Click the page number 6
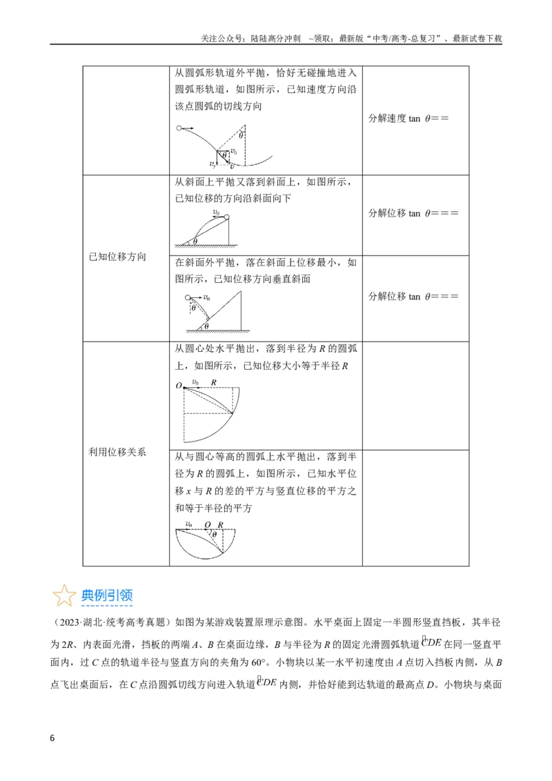pyautogui.click(x=52, y=738)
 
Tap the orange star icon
pyautogui.click(x=64, y=595)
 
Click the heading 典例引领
pyautogui.click(x=107, y=595)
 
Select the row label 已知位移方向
pyautogui.click(x=117, y=257)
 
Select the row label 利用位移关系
pyautogui.click(x=117, y=452)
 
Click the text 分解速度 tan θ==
pyautogui.click(x=408, y=119)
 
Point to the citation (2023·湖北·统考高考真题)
pyautogui.click(x=109, y=622)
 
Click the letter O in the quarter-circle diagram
pyautogui.click(x=179, y=386)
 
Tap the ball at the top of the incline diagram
pyautogui.click(x=227, y=217)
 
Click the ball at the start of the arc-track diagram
pyautogui.click(x=179, y=128)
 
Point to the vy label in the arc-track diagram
pyautogui.click(x=213, y=163)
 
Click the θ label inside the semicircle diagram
pyautogui.click(x=214, y=535)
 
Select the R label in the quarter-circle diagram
pyautogui.click(x=214, y=382)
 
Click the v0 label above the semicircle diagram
pyautogui.click(x=189, y=524)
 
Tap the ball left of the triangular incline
pyautogui.click(x=188, y=297)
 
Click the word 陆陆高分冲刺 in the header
pyautogui.click(x=277, y=39)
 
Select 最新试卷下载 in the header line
pyautogui.click(x=477, y=39)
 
